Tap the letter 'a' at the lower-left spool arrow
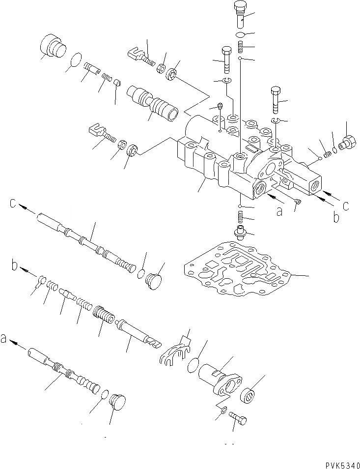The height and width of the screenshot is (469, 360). [5, 339]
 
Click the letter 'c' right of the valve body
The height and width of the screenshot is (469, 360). [346, 205]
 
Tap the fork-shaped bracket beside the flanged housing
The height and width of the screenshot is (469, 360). [176, 351]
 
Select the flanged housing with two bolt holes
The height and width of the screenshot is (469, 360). [220, 381]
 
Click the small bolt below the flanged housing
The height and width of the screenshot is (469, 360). [239, 419]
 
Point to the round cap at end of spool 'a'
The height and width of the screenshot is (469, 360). [116, 403]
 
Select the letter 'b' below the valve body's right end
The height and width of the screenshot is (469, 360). [335, 217]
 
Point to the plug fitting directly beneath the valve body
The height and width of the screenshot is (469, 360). [241, 232]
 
